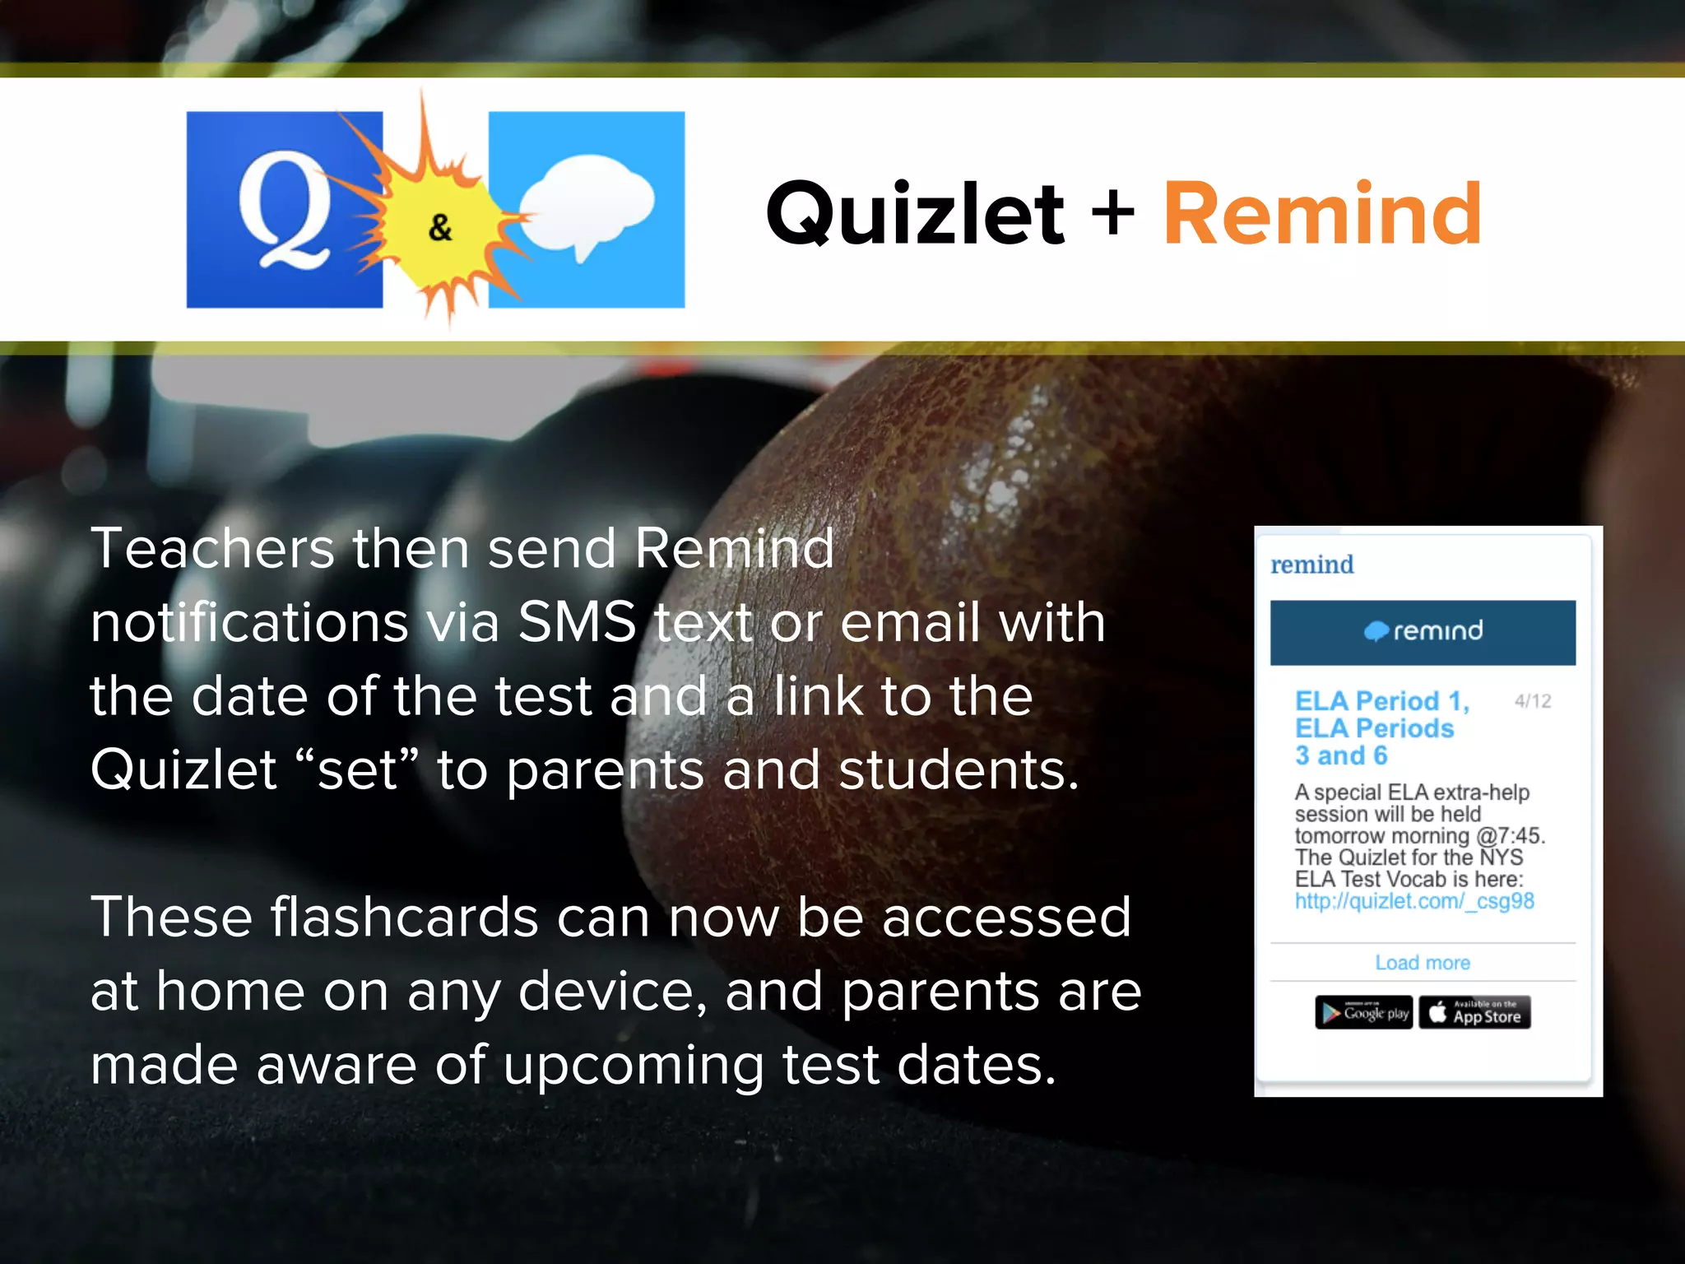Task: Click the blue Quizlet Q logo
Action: [x=284, y=210]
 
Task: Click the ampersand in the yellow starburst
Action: [x=440, y=227]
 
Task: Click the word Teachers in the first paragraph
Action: [x=212, y=548]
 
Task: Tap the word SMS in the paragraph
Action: [x=577, y=622]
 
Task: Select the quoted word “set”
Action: [x=358, y=770]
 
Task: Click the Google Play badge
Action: [x=1363, y=1013]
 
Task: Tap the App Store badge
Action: [x=1474, y=1013]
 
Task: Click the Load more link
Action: [x=1423, y=963]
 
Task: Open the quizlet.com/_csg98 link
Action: [x=1414, y=901]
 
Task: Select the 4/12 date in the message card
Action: [x=1533, y=701]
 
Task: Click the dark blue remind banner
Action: [x=1423, y=632]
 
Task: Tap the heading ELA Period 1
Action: [x=1381, y=701]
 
